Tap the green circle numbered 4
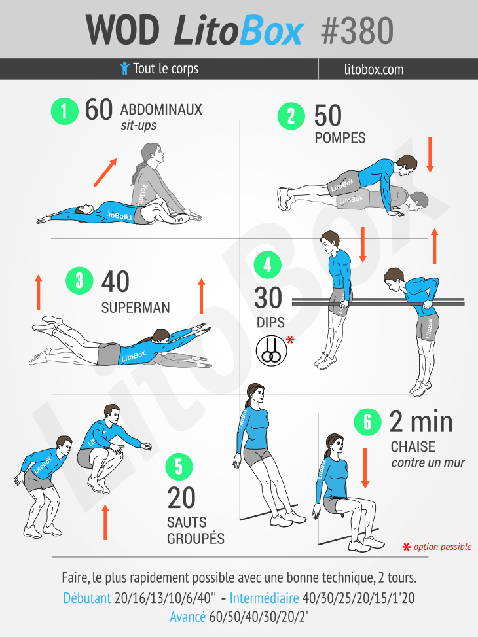click(x=267, y=264)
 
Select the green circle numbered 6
click(x=367, y=422)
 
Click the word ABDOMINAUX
click(x=161, y=109)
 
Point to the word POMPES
click(x=340, y=138)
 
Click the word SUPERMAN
click(x=136, y=307)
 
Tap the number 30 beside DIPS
click(x=268, y=299)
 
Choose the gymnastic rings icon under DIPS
click(x=268, y=349)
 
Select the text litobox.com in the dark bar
click(x=373, y=69)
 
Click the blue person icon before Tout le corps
click(x=124, y=69)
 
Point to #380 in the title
click(x=358, y=30)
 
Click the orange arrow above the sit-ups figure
click(x=105, y=172)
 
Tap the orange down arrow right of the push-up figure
click(x=430, y=155)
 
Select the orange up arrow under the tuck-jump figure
click(x=105, y=522)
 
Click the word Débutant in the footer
click(x=87, y=598)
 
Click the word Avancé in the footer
click(x=188, y=617)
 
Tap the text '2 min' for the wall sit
click(x=421, y=422)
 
